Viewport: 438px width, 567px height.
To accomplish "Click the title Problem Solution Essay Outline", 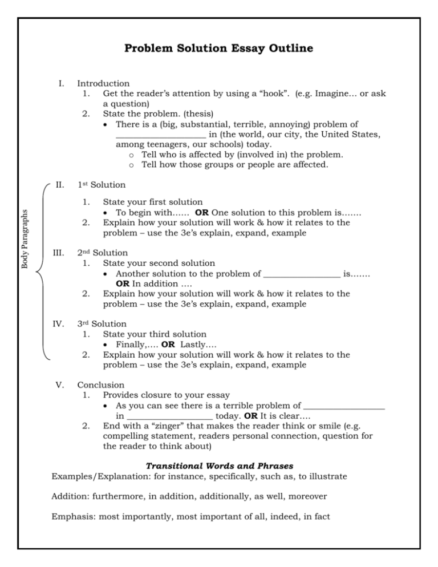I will tap(219, 48).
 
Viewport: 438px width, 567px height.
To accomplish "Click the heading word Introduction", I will tap(103, 83).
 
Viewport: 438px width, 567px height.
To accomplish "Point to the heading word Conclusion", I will tap(100, 385).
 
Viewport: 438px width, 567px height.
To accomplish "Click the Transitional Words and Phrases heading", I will tap(219, 466).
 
